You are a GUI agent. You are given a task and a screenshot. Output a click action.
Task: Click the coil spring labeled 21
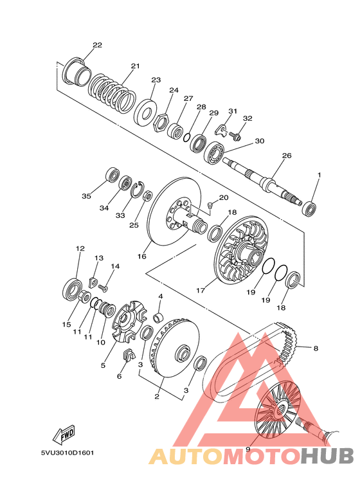[x=112, y=94]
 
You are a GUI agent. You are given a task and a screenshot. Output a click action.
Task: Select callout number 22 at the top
[x=97, y=45]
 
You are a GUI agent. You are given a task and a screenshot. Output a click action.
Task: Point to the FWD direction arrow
[x=64, y=433]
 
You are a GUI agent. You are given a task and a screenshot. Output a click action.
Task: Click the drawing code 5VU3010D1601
[x=67, y=453]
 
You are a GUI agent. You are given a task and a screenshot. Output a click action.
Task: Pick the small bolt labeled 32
[x=235, y=136]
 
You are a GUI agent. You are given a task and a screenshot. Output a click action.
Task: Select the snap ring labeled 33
[x=138, y=190]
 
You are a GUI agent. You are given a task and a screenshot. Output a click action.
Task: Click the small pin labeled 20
[x=210, y=206]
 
